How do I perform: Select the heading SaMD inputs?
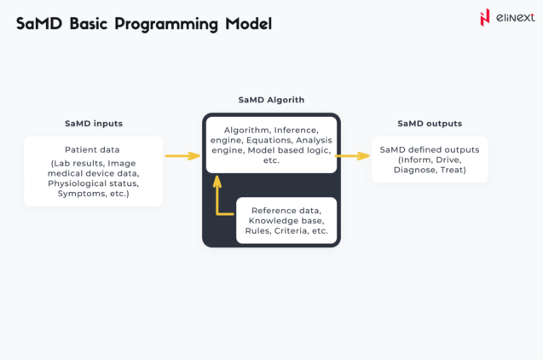(x=93, y=124)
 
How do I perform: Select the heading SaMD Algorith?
(x=271, y=100)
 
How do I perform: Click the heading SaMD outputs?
(x=430, y=124)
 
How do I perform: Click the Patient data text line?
(x=92, y=150)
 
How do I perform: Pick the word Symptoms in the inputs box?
(x=75, y=193)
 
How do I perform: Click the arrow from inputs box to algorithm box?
(x=182, y=156)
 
